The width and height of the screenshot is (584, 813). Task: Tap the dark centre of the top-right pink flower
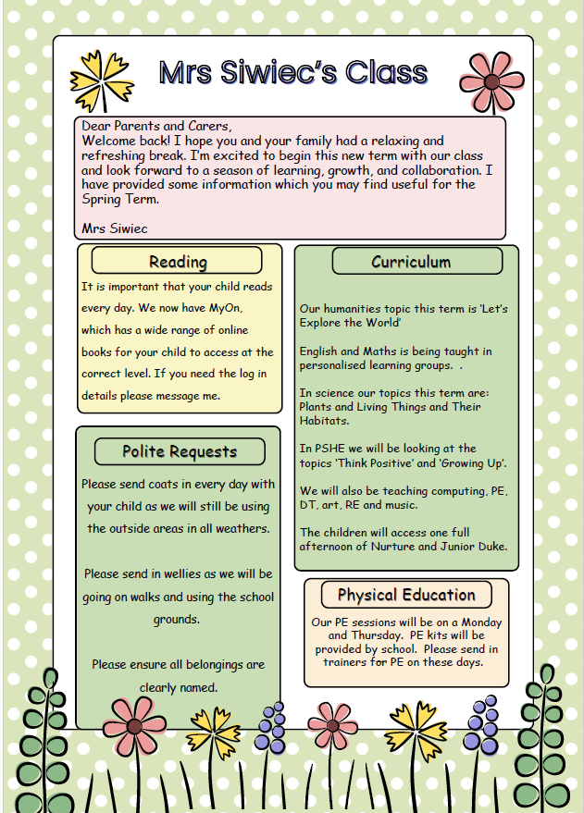coord(490,80)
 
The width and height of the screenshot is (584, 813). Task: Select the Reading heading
coord(178,262)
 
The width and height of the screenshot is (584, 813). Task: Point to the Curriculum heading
coord(411,262)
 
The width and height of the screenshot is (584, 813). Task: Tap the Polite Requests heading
coord(180,451)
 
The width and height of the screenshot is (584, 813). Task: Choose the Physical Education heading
coord(406,595)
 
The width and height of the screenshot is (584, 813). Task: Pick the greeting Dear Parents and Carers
coord(156,126)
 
